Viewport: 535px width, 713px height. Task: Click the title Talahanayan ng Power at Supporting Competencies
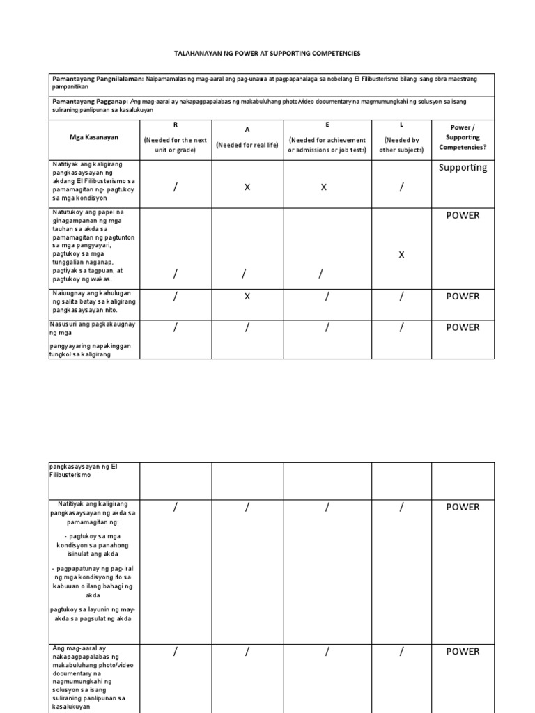tap(267, 54)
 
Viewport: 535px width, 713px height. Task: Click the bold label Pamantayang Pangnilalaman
tap(98, 79)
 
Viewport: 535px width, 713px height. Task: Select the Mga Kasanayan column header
tap(94, 137)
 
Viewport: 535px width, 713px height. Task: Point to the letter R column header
tap(176, 125)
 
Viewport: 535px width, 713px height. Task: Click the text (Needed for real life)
tap(247, 145)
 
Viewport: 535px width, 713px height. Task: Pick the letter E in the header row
tap(327, 125)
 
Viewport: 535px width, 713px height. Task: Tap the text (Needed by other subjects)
tap(401, 145)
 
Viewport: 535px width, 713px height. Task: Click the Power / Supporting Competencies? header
tap(463, 137)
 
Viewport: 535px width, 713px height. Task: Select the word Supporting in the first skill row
tap(463, 168)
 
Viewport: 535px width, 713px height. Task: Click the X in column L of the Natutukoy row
tap(401, 256)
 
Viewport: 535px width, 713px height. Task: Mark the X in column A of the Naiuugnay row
tap(247, 297)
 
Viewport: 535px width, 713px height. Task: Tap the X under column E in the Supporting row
tap(323, 187)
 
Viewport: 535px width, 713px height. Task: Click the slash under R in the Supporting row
tap(176, 187)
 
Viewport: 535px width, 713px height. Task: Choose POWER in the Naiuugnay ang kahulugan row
tap(463, 297)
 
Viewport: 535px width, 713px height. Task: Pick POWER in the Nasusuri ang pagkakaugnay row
tap(463, 327)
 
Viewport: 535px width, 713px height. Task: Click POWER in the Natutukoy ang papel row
tap(463, 216)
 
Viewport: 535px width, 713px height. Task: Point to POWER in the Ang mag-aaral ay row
tap(463, 652)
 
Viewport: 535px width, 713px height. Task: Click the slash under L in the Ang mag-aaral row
tap(401, 652)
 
